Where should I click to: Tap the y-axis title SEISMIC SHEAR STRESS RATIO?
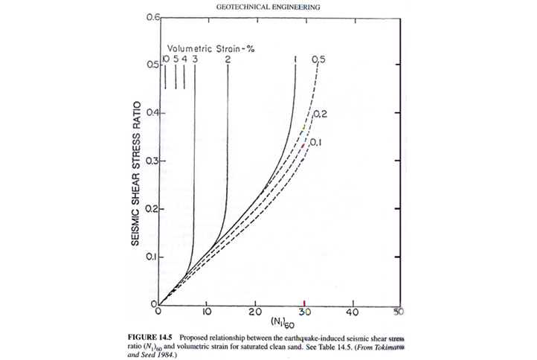click(x=138, y=161)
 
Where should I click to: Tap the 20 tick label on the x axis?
click(x=256, y=312)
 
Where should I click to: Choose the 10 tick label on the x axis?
click(x=208, y=312)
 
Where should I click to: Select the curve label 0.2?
click(x=321, y=114)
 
